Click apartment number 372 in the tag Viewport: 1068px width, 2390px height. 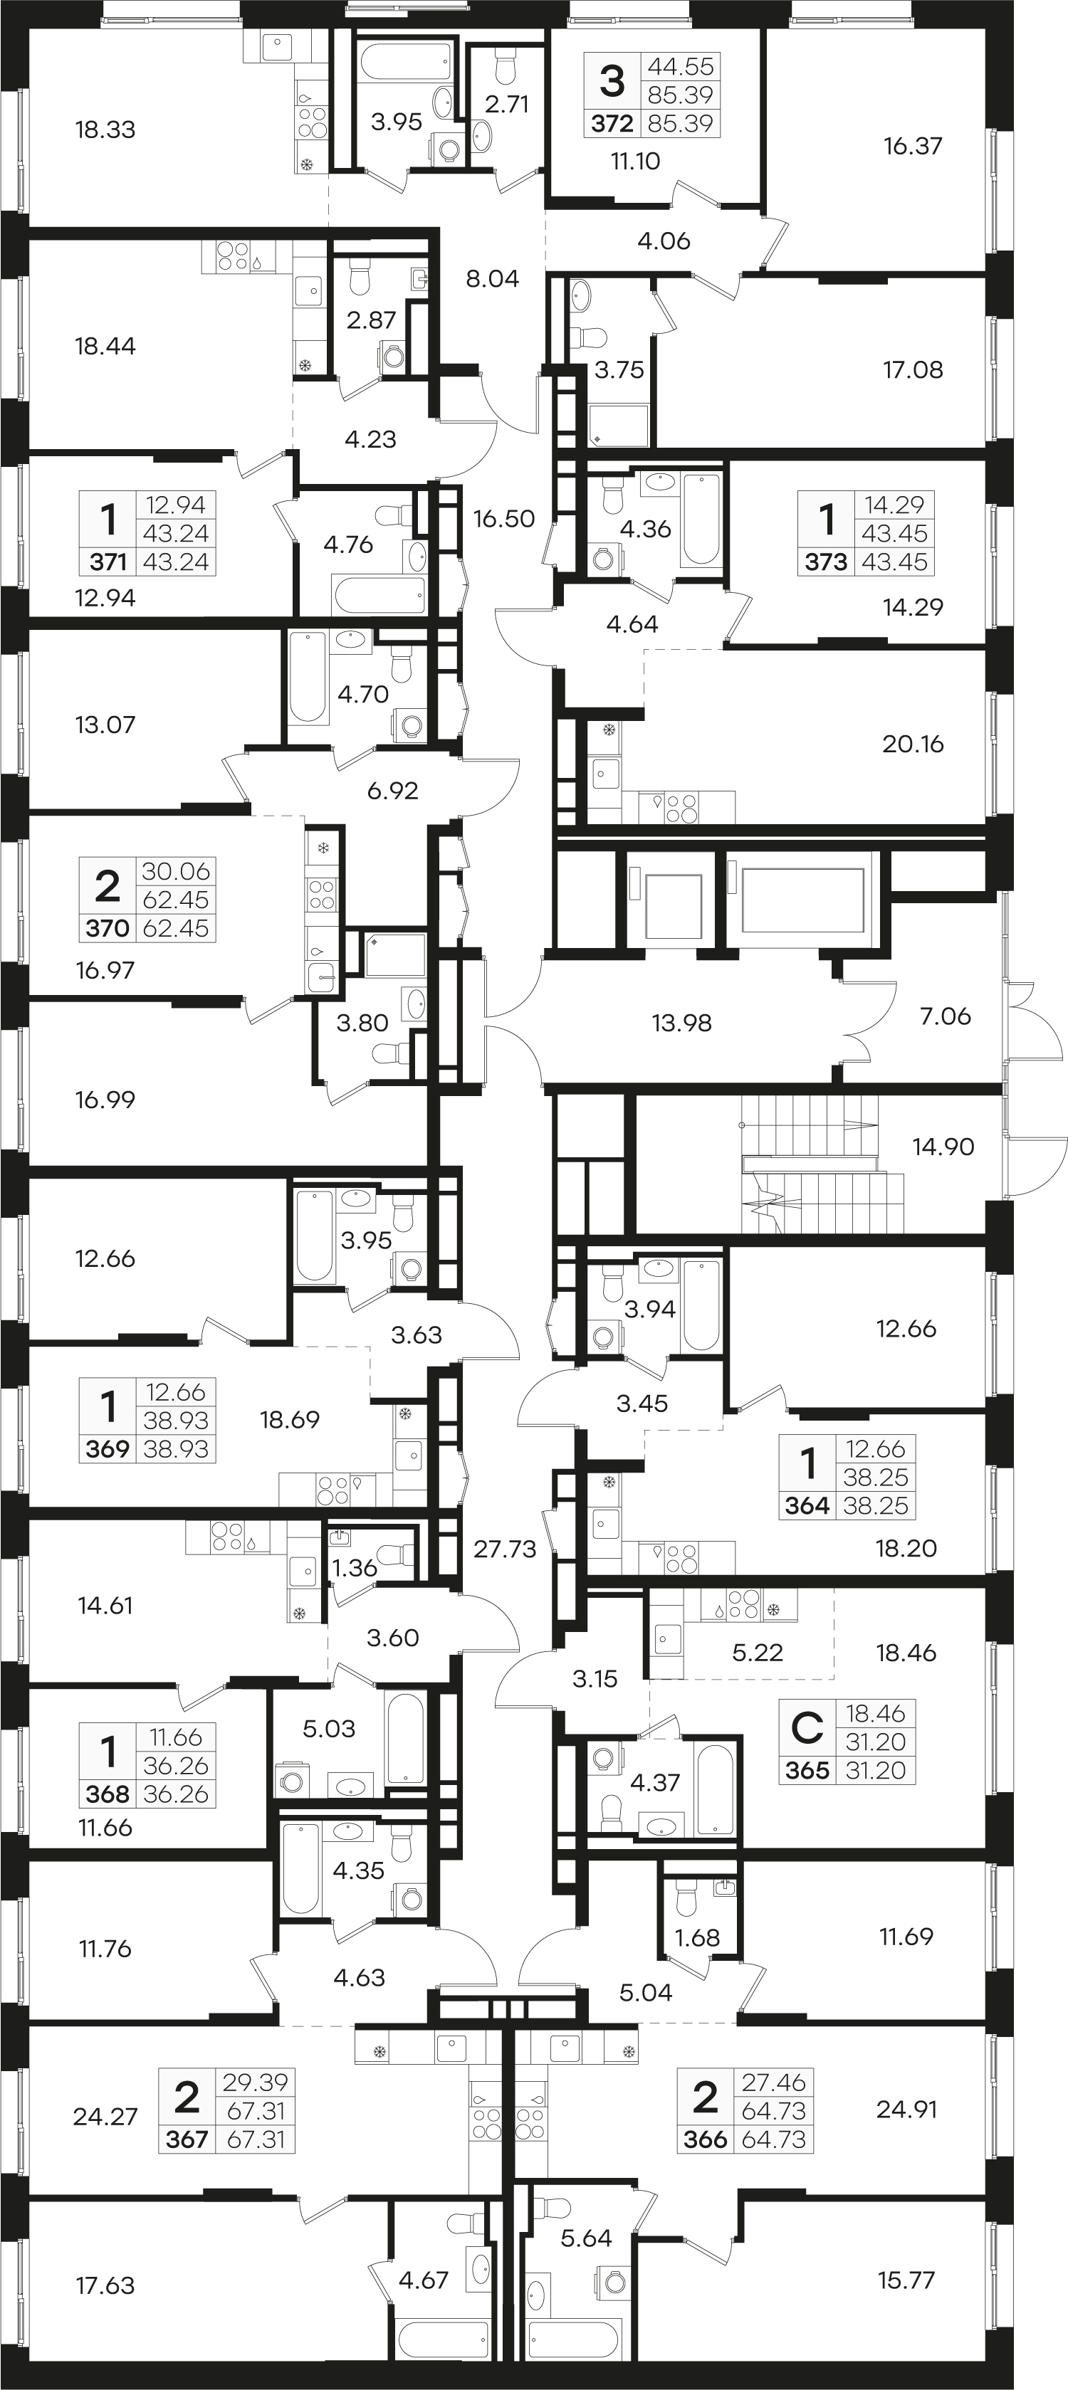[612, 123]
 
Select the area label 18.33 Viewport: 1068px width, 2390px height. [105, 130]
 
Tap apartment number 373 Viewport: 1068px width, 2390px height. [826, 562]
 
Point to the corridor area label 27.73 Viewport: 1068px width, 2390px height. [505, 1549]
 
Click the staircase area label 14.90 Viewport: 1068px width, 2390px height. [943, 1147]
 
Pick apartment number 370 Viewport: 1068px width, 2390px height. [107, 928]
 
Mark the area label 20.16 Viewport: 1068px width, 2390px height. [913, 743]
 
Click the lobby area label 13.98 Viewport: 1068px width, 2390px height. [682, 1023]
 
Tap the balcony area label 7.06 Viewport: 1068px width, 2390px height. [946, 1016]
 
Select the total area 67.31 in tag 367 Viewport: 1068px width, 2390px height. [255, 2111]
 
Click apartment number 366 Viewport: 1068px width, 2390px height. [705, 2139]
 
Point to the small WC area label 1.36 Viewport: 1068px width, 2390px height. [355, 1568]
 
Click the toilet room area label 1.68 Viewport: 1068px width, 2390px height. [697, 1938]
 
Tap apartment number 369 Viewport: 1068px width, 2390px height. [107, 1448]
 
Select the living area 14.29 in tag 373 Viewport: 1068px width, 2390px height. [894, 505]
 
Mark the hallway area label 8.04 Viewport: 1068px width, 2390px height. [493, 278]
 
